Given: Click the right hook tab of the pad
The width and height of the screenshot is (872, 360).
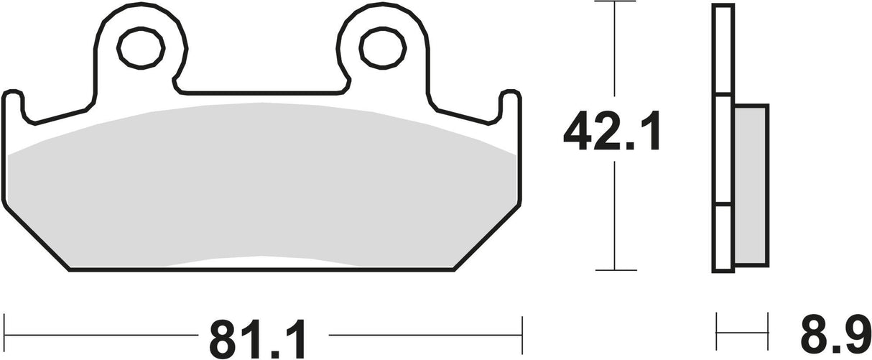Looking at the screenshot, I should tap(509, 104).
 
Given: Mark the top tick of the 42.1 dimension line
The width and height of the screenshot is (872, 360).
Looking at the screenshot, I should tap(616, 2).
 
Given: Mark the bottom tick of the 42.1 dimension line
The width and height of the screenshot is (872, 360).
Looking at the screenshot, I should tap(616, 270).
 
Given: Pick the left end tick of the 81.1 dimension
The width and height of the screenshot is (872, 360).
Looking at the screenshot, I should tap(6, 334).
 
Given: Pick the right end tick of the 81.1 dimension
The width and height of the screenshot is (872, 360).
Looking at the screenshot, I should tap(520, 334).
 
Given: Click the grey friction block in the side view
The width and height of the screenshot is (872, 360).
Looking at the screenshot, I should tap(751, 184).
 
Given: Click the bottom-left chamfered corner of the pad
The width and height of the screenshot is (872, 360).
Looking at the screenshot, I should tap(36, 237).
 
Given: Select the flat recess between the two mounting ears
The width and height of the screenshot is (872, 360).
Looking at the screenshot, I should tap(259, 91).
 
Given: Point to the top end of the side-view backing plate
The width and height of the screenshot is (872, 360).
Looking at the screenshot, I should tap(723, 7).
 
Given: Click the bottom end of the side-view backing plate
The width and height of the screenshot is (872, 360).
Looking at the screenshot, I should tap(723, 270).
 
